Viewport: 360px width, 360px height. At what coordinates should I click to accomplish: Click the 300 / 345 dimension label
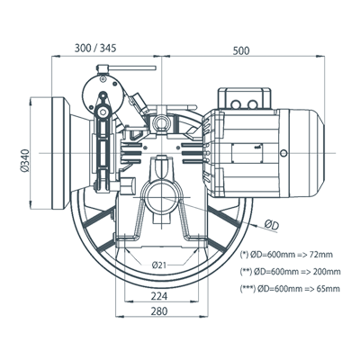[95, 48]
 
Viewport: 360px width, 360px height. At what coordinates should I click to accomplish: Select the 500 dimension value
[241, 50]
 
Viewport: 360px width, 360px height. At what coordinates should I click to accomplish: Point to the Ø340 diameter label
[25, 160]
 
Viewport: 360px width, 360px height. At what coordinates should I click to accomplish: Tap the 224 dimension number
[158, 296]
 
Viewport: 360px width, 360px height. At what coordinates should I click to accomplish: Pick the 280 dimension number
[159, 311]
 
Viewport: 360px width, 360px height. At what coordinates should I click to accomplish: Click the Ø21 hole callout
[159, 265]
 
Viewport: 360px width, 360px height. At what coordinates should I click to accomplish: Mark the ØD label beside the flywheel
[272, 225]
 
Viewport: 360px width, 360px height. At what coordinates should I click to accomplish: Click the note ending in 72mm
[286, 255]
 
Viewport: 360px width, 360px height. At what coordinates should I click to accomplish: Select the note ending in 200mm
[291, 272]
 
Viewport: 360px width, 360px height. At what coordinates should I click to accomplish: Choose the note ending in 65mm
[290, 289]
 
